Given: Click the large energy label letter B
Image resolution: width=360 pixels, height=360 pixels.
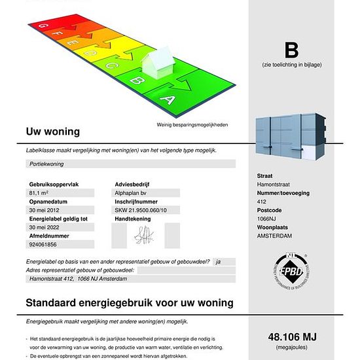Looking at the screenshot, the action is click(x=291, y=50).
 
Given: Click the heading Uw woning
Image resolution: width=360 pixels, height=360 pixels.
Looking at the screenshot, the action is click(x=52, y=132).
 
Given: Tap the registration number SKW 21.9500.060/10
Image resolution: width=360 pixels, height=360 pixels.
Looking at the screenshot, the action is click(x=141, y=210).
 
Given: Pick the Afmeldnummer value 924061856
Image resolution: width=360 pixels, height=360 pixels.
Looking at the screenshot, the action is click(x=43, y=244).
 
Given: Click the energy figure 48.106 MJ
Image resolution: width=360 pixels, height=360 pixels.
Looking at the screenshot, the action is click(x=292, y=337).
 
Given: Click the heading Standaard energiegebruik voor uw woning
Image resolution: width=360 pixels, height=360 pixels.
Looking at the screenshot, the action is click(x=130, y=304).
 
